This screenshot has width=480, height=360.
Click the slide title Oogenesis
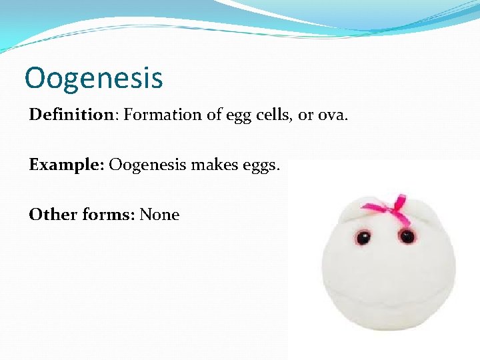pyautogui.click(x=93, y=77)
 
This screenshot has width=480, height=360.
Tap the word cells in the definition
pyautogui.click(x=269, y=115)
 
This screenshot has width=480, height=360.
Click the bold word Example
pyautogui.click(x=65, y=165)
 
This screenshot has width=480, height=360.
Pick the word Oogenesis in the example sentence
pyautogui.click(x=148, y=165)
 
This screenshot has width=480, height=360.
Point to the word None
pyautogui.click(x=159, y=215)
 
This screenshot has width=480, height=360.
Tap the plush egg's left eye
pyautogui.click(x=364, y=236)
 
